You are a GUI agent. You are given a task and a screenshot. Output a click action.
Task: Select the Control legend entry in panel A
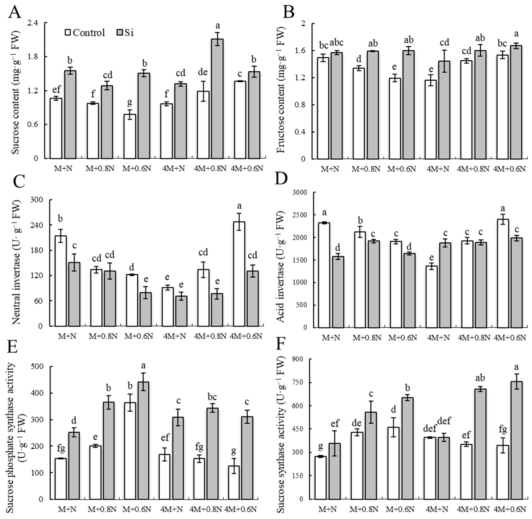tap(85, 33)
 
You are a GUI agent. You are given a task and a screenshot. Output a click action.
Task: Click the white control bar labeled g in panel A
tap(130, 136)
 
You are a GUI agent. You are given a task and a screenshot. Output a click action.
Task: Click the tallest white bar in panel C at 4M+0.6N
tap(239, 274)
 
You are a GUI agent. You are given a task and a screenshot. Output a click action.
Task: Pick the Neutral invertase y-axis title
tap(17, 263)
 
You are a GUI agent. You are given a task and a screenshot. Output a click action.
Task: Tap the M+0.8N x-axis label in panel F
tap(364, 509)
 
